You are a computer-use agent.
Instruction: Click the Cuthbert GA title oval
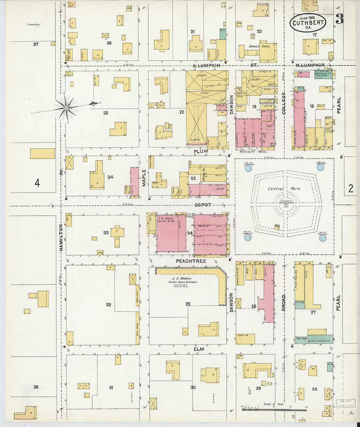coord(308,23)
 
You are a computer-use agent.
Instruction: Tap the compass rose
coord(66,107)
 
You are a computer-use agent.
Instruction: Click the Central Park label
coord(284,189)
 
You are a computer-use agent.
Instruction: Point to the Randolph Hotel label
coord(254,152)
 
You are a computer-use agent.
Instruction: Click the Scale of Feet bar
coord(274,409)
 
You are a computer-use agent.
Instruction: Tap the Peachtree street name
coord(191,261)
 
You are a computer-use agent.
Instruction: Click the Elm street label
coord(199,349)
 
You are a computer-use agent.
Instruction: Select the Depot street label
coord(203,205)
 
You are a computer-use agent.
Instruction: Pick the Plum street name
coord(201,151)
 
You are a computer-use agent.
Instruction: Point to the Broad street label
coord(283,303)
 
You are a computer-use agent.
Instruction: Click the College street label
coord(283,103)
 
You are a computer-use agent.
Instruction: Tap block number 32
coord(108,305)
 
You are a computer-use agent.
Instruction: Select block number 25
coord(188,304)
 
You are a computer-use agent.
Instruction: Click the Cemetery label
coord(33,25)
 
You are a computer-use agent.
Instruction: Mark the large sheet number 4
coord(37,183)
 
